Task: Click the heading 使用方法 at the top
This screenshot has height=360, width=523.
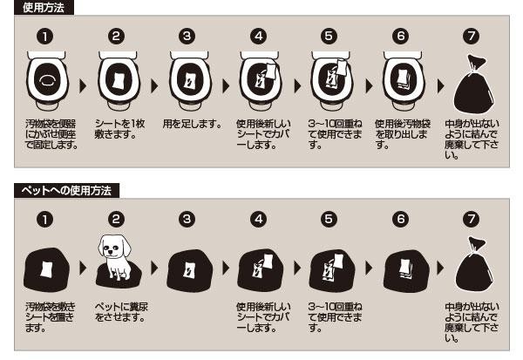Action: (x=44, y=7)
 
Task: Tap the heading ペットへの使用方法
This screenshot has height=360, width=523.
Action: (x=66, y=191)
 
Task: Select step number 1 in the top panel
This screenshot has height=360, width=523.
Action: (x=45, y=37)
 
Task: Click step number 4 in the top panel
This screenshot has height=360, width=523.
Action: (x=259, y=37)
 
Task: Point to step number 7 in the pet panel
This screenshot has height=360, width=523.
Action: (x=472, y=219)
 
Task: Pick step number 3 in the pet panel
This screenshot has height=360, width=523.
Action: (x=187, y=219)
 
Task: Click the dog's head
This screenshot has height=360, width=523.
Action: (x=114, y=247)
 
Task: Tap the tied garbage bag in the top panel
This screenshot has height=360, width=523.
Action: (x=473, y=85)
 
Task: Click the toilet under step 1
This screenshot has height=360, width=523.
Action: (x=47, y=81)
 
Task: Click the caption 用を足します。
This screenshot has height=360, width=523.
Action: (x=192, y=124)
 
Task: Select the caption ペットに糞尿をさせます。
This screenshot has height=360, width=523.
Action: (x=121, y=311)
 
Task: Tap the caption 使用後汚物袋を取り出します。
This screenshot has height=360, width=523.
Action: (x=402, y=134)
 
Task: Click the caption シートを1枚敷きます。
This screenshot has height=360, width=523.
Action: (x=119, y=129)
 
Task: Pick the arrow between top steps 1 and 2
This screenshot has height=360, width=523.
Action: (x=83, y=86)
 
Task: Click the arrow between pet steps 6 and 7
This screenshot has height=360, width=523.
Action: (x=440, y=268)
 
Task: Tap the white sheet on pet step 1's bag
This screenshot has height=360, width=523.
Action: (x=46, y=269)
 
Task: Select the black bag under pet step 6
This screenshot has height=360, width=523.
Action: (x=406, y=270)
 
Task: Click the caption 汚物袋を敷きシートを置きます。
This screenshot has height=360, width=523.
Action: (x=51, y=317)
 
